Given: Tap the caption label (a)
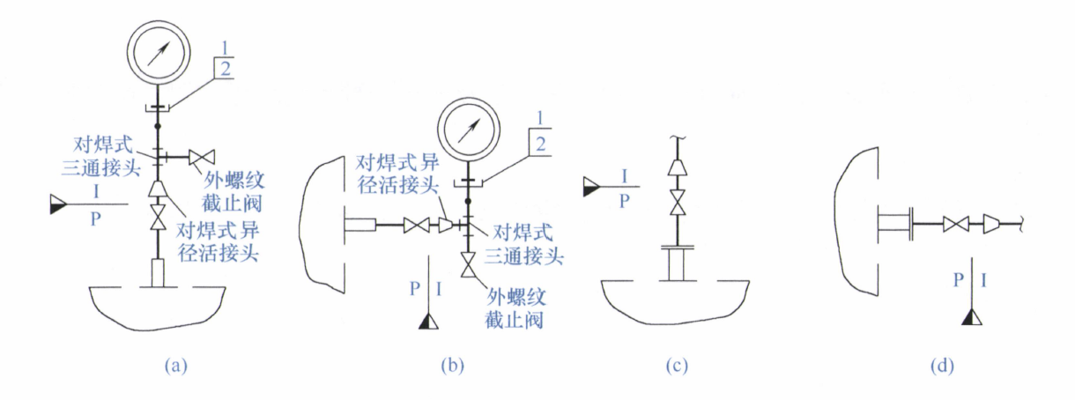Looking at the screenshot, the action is pos(175,367).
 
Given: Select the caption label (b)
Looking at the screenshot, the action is pos(453,367).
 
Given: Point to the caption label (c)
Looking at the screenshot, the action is pos(677,367).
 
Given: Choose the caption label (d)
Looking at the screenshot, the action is pos(942,367).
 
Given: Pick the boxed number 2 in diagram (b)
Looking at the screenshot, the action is pos(541,144).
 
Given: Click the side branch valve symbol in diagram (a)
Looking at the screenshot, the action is pos(202,158).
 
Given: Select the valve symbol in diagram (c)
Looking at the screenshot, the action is pos(677,203).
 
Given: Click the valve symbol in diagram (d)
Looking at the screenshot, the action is pos(956,224).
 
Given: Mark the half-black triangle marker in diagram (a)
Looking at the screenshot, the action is pos(57,204).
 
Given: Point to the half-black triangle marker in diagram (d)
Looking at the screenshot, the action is pos(972,317).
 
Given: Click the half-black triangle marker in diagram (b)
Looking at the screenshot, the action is pos(428,321).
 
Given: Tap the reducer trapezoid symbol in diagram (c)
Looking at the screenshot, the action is pos(677,167).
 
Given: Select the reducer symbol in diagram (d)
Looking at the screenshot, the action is pos(992,224).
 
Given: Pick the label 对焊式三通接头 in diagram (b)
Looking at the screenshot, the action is pos(523,245).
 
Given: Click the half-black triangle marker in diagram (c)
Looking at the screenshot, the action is pos(591,187).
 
